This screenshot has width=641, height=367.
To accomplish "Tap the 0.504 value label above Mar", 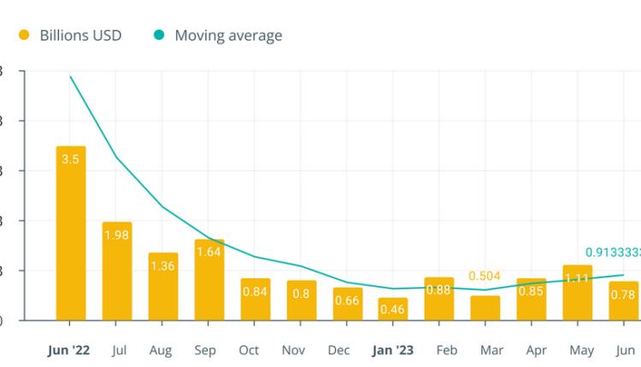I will (x=485, y=277).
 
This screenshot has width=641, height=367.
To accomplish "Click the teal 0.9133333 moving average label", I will (x=612, y=253).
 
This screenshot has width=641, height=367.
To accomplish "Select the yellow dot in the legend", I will (x=24, y=35).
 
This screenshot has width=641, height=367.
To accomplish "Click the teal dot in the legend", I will (x=159, y=35).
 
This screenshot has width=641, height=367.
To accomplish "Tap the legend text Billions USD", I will (x=80, y=35).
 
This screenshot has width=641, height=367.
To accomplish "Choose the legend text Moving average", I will (x=228, y=35).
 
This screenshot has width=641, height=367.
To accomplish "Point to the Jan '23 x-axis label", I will (x=393, y=350).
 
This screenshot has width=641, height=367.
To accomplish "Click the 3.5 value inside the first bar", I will (x=71, y=159).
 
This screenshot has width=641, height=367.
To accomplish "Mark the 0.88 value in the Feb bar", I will (x=439, y=289).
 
